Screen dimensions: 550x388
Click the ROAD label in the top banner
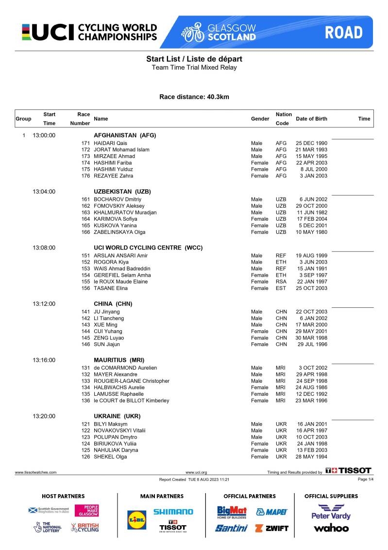[x=343, y=33]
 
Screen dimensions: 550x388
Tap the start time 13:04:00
[x=44, y=192]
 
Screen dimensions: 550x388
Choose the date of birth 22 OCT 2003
[x=311, y=312]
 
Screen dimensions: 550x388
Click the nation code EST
[x=281, y=288]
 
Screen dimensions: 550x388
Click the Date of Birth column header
[x=311, y=119]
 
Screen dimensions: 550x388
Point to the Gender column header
[x=260, y=119]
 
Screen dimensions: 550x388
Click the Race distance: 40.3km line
[x=194, y=97]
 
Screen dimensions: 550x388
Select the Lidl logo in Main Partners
[x=136, y=519]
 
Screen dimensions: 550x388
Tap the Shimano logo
[x=173, y=512]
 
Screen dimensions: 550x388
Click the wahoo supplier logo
[x=331, y=528]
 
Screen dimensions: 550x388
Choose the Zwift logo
[x=271, y=528]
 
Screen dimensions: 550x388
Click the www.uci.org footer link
[x=196, y=472]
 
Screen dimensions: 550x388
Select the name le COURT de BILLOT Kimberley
[x=131, y=401]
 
